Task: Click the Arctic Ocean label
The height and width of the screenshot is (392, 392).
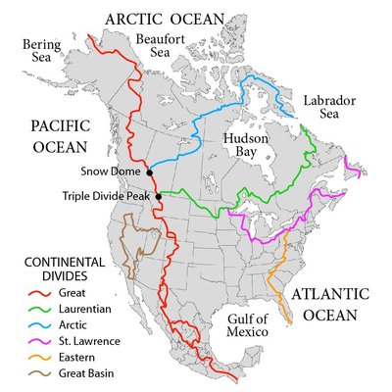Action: [x=165, y=19]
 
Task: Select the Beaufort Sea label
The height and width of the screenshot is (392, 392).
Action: [x=160, y=45]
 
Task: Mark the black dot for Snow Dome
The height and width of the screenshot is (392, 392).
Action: [x=150, y=172]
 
